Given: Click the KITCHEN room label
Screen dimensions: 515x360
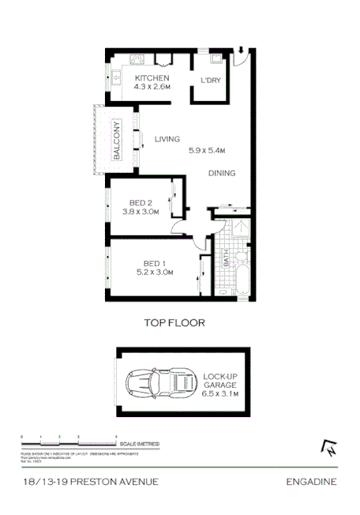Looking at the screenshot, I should pyautogui.click(x=152, y=78).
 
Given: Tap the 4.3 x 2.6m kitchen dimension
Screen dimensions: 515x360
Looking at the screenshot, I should pyautogui.click(x=152, y=88).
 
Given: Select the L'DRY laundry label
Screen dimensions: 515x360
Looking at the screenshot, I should pyautogui.click(x=210, y=81).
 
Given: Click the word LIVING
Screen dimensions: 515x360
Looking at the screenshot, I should pyautogui.click(x=167, y=139).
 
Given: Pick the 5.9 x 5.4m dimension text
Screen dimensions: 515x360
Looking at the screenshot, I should pyautogui.click(x=208, y=150).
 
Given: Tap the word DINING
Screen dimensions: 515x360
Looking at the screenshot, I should pyautogui.click(x=222, y=173).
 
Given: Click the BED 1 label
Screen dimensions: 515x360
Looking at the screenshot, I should pyautogui.click(x=154, y=264).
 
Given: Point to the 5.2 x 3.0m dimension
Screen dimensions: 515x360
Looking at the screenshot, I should pyautogui.click(x=154, y=273).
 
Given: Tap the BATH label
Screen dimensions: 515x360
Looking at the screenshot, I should pyautogui.click(x=226, y=257).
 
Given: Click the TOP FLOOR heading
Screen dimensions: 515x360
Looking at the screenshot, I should pyautogui.click(x=174, y=322).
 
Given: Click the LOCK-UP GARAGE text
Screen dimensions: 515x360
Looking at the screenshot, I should pyautogui.click(x=221, y=381).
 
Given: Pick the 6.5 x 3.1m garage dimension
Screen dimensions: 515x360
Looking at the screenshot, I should pyautogui.click(x=221, y=393).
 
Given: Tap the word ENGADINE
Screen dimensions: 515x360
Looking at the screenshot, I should pyautogui.click(x=312, y=481).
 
